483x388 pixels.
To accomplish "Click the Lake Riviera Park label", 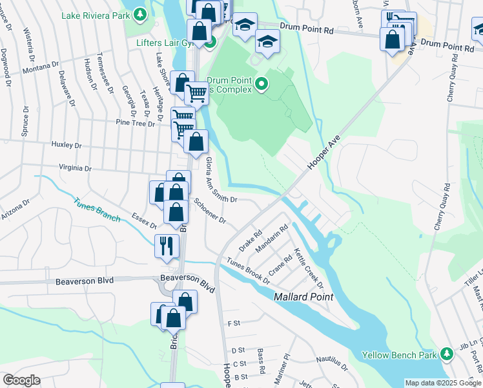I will click(x=94, y=15).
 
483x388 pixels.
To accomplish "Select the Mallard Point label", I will click(x=303, y=297).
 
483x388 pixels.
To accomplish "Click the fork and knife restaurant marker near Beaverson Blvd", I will click(x=166, y=246).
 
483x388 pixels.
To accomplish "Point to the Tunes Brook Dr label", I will click(x=249, y=270).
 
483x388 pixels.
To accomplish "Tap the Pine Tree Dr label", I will click(x=132, y=122).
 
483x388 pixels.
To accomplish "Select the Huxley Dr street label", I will click(x=69, y=145).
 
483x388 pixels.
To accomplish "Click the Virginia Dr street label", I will click(x=75, y=167).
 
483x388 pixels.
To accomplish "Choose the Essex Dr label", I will click(x=144, y=221).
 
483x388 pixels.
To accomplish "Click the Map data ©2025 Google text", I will click(x=443, y=383).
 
